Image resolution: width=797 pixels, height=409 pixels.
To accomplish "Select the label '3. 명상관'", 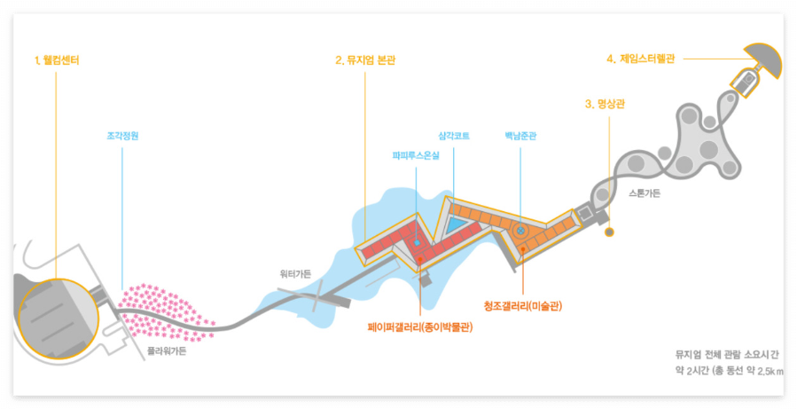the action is coord(606,104).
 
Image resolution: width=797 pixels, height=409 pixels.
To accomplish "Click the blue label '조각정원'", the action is coord(122,137).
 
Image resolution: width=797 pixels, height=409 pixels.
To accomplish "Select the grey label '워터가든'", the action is coord(295,274).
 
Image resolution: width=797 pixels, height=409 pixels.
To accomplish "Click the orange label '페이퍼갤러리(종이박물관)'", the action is coord(419,326).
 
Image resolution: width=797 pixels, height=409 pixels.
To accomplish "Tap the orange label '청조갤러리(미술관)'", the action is coord(523,306).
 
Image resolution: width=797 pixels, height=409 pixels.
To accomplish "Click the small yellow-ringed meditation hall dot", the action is coord(609,232).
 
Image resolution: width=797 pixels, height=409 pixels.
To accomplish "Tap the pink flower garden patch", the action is coord(168,311).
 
